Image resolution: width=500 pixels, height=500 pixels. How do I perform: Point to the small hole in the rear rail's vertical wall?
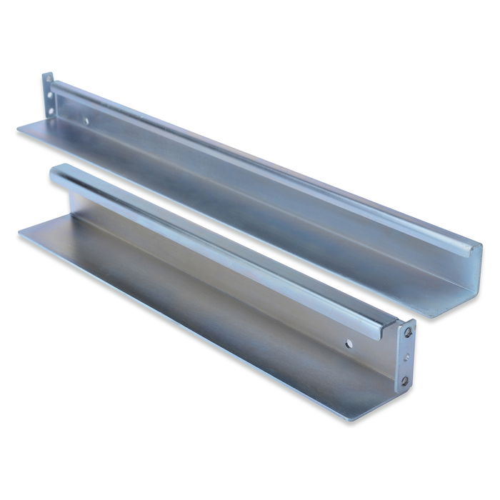(x=86, y=121)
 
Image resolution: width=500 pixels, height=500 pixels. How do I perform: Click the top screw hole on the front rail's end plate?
(x=408, y=332)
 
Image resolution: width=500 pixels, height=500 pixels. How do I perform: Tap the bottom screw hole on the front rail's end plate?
(x=405, y=381)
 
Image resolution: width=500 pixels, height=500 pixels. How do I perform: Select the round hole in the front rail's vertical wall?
(x=349, y=344)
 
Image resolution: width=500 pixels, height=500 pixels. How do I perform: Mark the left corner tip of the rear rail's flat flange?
(x=18, y=129)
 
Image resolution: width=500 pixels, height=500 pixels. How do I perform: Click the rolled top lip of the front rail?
(x=214, y=243)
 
